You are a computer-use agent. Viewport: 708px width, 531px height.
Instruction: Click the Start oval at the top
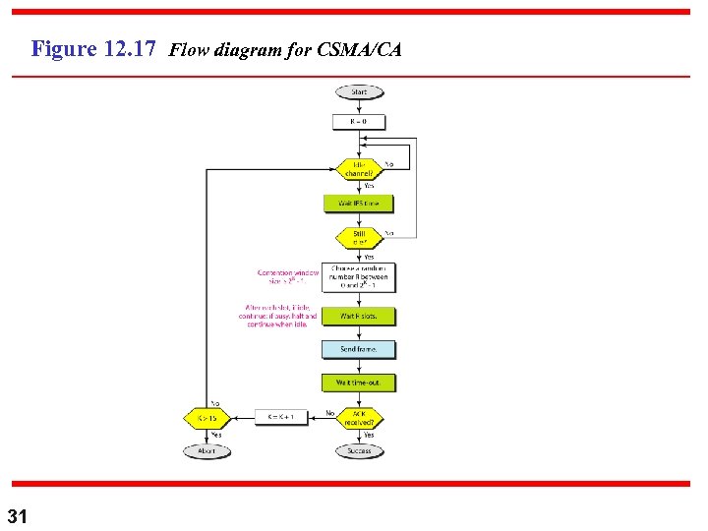tap(360, 92)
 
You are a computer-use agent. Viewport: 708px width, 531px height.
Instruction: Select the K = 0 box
tap(360, 122)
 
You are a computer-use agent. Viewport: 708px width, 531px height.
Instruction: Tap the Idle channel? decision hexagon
tap(360, 169)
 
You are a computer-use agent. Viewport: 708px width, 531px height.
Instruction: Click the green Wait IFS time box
tap(360, 204)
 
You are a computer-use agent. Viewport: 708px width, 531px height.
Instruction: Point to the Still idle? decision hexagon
tap(360, 237)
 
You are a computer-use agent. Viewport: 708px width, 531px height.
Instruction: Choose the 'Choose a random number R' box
tap(360, 277)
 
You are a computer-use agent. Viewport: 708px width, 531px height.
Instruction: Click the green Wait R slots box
tap(360, 317)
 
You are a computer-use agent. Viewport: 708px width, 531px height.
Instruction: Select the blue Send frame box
tap(360, 349)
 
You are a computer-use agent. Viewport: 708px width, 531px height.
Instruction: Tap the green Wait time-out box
tap(360, 382)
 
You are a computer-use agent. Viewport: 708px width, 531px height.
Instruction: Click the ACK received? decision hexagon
tap(360, 417)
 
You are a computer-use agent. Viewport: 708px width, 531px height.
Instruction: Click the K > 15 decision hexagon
tap(206, 417)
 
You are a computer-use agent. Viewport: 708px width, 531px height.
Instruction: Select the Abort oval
tap(206, 451)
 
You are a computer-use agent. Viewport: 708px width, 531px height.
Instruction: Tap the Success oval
tap(360, 451)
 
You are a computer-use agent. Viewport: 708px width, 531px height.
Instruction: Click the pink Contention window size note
tap(288, 277)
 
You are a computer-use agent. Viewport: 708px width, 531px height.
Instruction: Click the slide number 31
tap(18, 515)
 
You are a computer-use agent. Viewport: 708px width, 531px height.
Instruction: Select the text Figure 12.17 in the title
tap(94, 48)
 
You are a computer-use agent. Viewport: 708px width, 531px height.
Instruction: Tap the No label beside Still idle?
tap(389, 233)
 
